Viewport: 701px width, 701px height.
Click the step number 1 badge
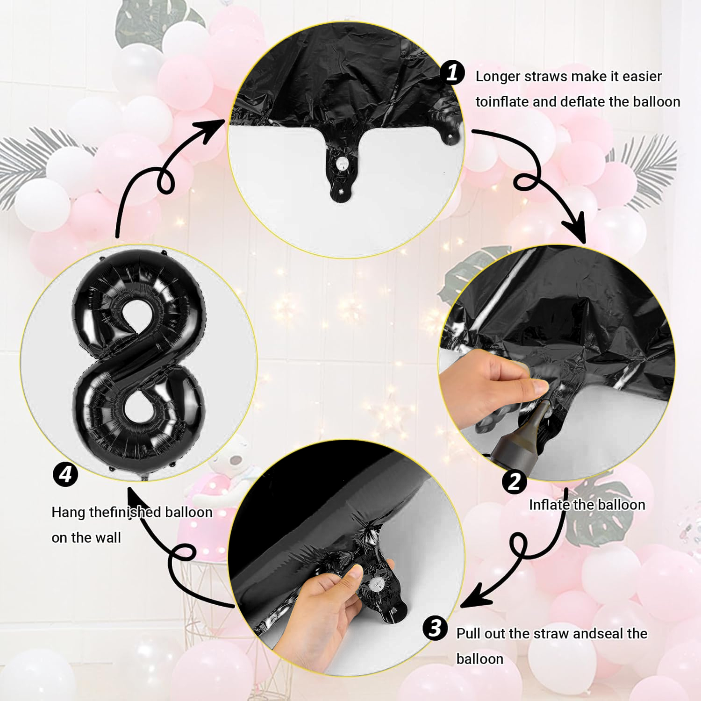pos(452,73)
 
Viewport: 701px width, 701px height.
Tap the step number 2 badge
pos(514,481)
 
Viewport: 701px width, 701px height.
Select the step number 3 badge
pos(435,628)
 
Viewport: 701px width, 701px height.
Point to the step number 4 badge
pos(65,474)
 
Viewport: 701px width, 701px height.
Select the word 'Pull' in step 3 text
pos(467,634)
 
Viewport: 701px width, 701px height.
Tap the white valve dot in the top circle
pos(343,163)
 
